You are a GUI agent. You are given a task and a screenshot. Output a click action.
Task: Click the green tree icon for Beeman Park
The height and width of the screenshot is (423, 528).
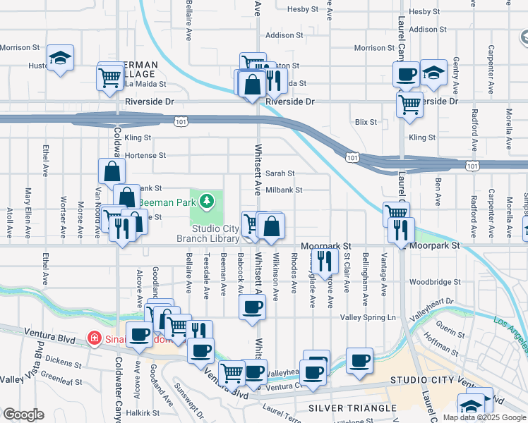[x=207, y=202]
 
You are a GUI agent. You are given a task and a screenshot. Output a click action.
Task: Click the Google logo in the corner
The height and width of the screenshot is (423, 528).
[x=23, y=415]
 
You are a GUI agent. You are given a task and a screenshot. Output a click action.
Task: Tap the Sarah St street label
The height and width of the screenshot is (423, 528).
[x=280, y=173]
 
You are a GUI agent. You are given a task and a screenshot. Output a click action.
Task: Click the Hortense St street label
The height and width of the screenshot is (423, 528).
[x=145, y=155]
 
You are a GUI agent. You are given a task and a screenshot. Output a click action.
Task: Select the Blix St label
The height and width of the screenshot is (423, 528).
[x=366, y=122]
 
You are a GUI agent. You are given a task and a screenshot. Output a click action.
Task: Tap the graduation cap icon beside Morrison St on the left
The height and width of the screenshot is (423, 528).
[x=61, y=58]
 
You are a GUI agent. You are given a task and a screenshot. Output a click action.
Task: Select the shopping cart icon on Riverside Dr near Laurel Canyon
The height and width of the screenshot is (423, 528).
[x=409, y=105]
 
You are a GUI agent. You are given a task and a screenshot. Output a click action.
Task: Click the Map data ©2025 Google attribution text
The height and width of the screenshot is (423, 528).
[x=484, y=417]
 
